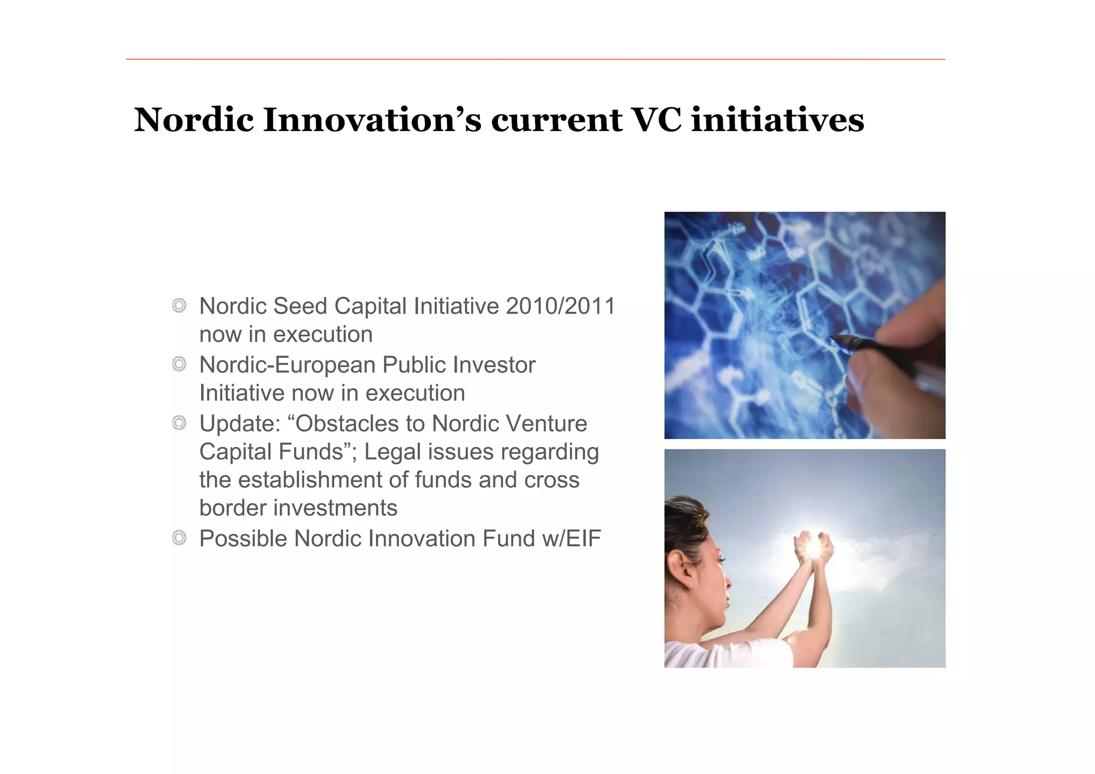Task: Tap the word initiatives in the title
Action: [x=777, y=120]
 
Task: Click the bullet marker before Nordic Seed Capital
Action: [x=179, y=306]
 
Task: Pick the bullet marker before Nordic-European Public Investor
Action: [x=179, y=365]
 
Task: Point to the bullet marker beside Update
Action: [x=179, y=423]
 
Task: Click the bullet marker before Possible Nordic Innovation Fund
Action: [x=179, y=538]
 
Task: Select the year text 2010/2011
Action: [x=561, y=306]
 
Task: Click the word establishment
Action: [x=310, y=480]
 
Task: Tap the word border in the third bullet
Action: [x=233, y=508]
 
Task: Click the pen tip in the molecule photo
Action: [x=832, y=338]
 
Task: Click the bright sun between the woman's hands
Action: [x=813, y=548]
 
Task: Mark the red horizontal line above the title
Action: [x=535, y=59]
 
